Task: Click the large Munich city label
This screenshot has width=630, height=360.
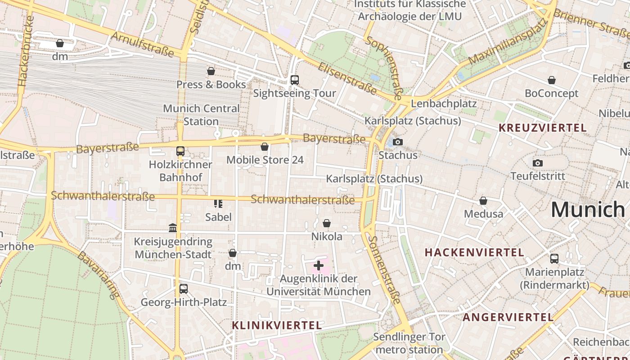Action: click(587, 209)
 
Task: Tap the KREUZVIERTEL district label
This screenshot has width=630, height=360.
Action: click(542, 128)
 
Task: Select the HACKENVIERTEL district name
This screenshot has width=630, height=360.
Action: click(474, 252)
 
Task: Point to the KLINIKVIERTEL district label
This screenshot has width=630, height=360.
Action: click(277, 325)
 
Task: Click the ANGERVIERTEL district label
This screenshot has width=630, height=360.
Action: click(508, 317)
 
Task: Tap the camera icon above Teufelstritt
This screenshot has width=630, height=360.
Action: click(537, 163)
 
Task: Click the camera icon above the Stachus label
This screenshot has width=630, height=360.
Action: click(397, 142)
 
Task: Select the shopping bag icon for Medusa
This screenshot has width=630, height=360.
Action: click(483, 201)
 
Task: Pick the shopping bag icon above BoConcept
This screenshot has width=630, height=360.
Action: click(551, 81)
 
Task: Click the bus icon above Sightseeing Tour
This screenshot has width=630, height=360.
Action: click(294, 80)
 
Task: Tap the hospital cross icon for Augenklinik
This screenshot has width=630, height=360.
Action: click(319, 265)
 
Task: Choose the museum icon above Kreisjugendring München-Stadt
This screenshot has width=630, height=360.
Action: click(173, 228)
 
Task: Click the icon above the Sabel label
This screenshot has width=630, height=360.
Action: click(218, 204)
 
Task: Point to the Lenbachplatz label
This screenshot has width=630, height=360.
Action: click(444, 103)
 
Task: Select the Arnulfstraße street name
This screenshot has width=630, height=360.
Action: click(142, 44)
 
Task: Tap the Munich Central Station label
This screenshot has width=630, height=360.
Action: click(201, 115)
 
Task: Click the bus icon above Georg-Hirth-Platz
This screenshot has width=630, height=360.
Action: click(183, 289)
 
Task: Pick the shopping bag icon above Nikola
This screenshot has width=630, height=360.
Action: click(327, 224)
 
